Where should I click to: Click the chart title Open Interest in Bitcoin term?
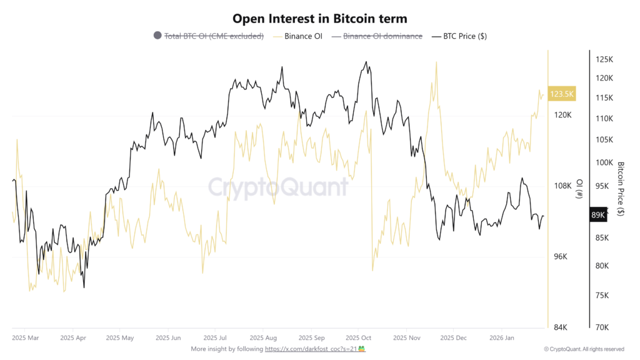(319, 19)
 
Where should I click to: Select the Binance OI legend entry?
(303, 36)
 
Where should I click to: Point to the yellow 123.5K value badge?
(561, 94)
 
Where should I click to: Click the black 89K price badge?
(597, 215)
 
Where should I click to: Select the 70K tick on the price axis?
(602, 327)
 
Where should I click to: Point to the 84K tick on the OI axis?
(561, 327)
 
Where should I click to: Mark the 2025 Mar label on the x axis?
(25, 337)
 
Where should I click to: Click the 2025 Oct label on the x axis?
(358, 337)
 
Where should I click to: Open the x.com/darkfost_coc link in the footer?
(311, 349)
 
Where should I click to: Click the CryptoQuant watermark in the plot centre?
(277, 187)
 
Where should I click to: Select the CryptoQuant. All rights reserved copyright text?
(584, 349)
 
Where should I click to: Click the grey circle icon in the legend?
(157, 36)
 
